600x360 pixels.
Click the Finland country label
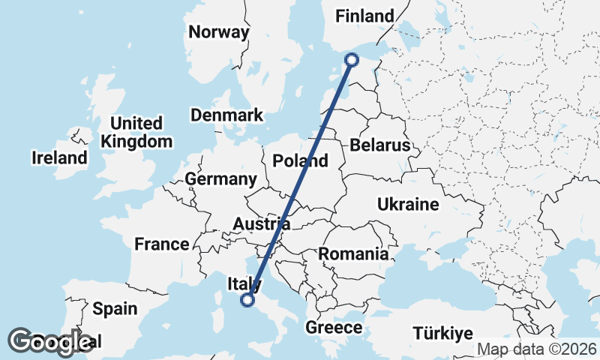click(364, 16)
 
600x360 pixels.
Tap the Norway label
click(218, 32)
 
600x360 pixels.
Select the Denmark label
click(226, 115)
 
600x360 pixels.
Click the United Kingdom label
click(136, 132)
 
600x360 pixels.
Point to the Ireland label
click(59, 158)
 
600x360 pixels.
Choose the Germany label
click(220, 179)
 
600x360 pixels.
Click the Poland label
click(300, 160)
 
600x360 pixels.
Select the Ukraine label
click(408, 204)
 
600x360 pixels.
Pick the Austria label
click(261, 223)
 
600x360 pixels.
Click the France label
click(161, 244)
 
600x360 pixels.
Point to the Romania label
click(353, 254)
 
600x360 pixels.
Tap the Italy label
click(244, 284)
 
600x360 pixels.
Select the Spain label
click(115, 308)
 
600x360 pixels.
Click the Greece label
click(334, 328)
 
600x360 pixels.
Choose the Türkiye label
click(445, 334)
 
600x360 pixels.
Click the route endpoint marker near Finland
click(352, 60)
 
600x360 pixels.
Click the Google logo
click(50, 341)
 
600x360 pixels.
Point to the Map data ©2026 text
click(536, 349)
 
